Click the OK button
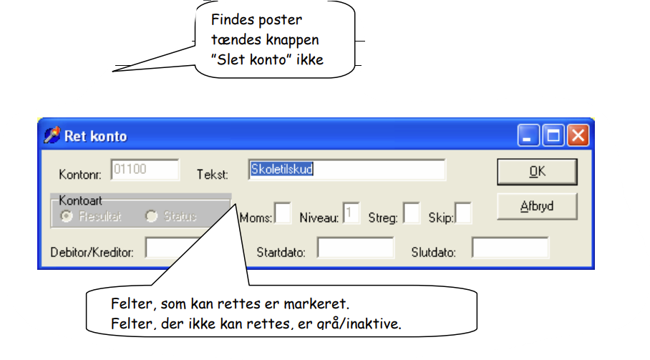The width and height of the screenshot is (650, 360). click(x=537, y=172)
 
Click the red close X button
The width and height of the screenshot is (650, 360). click(x=578, y=135)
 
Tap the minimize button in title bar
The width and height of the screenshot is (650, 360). click(x=528, y=135)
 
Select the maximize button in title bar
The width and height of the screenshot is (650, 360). click(x=553, y=135)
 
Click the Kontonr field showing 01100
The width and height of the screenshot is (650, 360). click(x=145, y=170)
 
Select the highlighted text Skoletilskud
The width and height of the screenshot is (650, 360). click(x=281, y=169)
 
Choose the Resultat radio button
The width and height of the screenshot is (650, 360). click(x=67, y=216)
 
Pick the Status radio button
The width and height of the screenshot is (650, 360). click(x=151, y=216)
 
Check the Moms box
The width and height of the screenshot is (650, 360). click(x=283, y=213)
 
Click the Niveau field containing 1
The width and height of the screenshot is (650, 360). click(x=351, y=213)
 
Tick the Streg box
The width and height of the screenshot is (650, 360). click(x=411, y=213)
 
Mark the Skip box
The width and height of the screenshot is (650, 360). click(x=463, y=213)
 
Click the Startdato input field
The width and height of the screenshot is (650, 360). click(x=356, y=248)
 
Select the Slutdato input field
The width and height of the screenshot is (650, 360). click(x=510, y=248)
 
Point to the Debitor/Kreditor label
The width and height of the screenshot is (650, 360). click(x=92, y=253)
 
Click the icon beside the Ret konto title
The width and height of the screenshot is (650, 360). click(x=52, y=135)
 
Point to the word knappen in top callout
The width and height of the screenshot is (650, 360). click(x=292, y=40)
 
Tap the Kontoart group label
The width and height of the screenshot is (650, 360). click(x=80, y=200)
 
